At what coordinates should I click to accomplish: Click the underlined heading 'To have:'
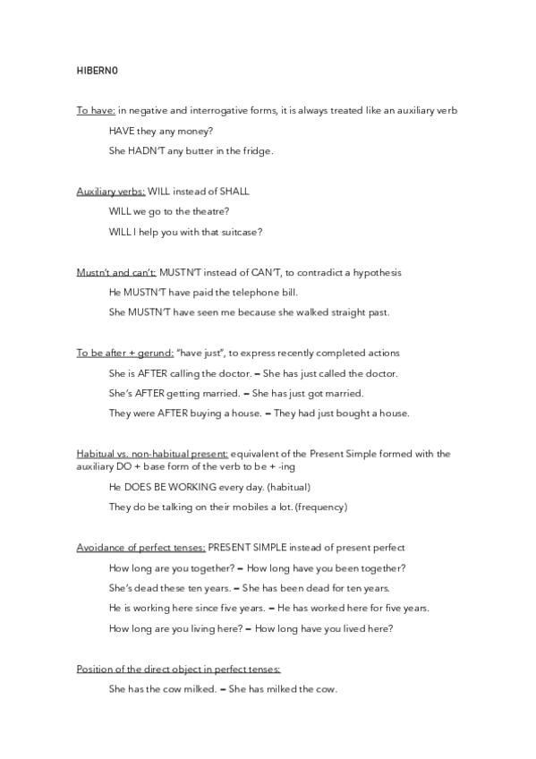tap(96, 110)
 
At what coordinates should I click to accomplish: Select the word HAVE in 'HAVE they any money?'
tap(121, 131)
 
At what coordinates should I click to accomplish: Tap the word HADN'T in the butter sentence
tap(143, 151)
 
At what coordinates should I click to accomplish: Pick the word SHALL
tap(234, 192)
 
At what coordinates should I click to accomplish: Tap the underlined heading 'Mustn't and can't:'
tap(116, 272)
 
